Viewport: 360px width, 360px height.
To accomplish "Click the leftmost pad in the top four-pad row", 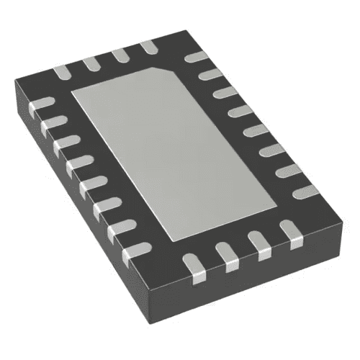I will [61, 71].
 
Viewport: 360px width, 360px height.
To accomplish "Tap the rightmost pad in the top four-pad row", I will [149, 48].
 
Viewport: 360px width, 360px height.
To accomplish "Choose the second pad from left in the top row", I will [91, 63].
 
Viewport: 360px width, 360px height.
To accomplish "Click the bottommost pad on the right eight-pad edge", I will [306, 191].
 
